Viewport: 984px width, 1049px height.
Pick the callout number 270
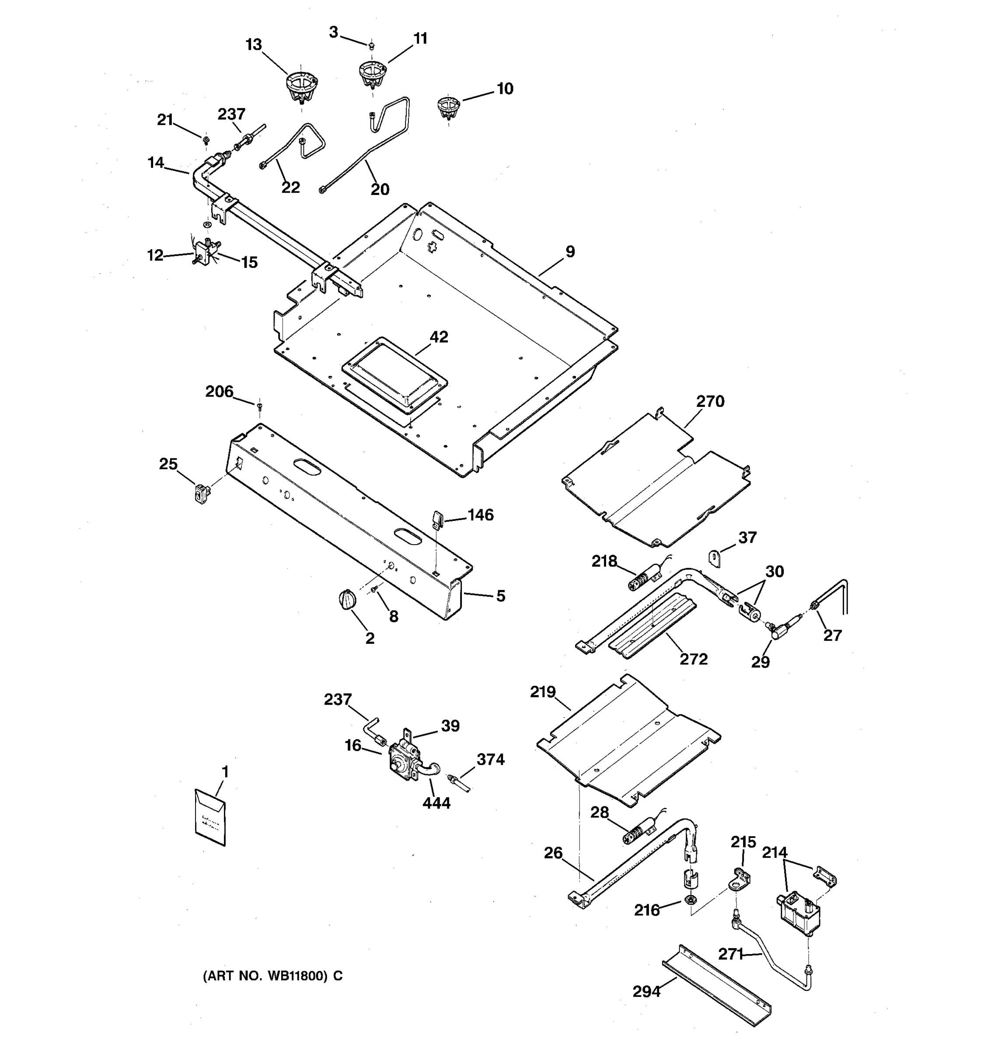click(x=710, y=402)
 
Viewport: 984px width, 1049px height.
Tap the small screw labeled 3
click(x=371, y=46)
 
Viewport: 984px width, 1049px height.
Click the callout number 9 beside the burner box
click(x=569, y=252)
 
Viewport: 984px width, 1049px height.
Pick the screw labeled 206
click(x=259, y=406)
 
